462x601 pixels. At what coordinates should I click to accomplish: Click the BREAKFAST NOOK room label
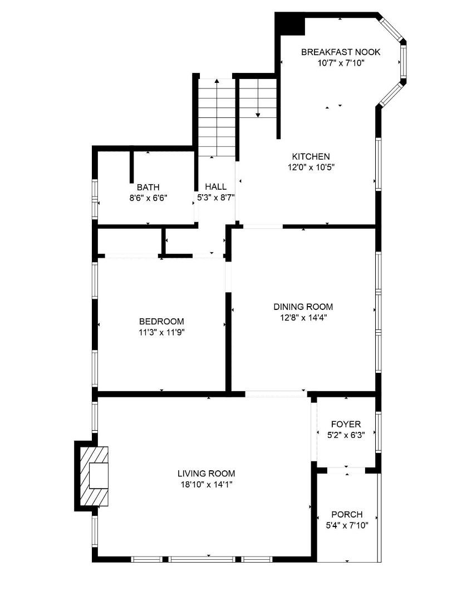point(341,52)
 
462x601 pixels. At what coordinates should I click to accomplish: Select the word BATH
point(148,188)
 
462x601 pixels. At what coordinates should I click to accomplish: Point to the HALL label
point(215,187)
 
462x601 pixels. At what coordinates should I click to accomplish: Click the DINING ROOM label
point(303,307)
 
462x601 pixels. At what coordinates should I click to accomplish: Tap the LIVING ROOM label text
point(206,474)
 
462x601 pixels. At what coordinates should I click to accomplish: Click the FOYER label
point(346,424)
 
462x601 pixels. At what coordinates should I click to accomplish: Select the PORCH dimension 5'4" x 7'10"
point(347,524)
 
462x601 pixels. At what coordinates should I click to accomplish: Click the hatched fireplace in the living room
point(94,475)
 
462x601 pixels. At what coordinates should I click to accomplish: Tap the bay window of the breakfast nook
point(402,61)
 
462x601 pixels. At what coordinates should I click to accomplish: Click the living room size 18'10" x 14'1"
point(206,484)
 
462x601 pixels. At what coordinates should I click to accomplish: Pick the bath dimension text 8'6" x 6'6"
point(148,198)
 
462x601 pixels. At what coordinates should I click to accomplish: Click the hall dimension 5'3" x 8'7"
point(215,197)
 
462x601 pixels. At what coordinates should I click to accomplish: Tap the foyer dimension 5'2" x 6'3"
point(346,435)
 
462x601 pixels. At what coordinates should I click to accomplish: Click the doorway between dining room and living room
point(276,394)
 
